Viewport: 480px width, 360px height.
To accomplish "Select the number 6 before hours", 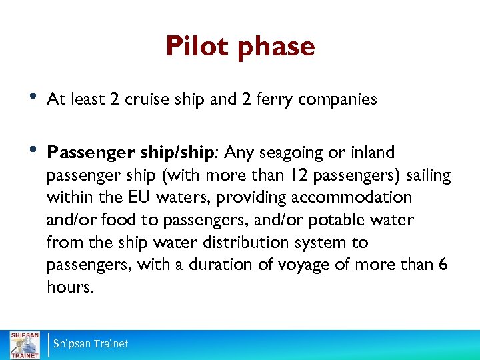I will click(x=443, y=265).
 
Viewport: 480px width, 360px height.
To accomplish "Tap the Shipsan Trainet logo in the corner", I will click(x=24, y=344).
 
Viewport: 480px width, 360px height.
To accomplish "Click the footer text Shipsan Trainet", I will click(x=91, y=344).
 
